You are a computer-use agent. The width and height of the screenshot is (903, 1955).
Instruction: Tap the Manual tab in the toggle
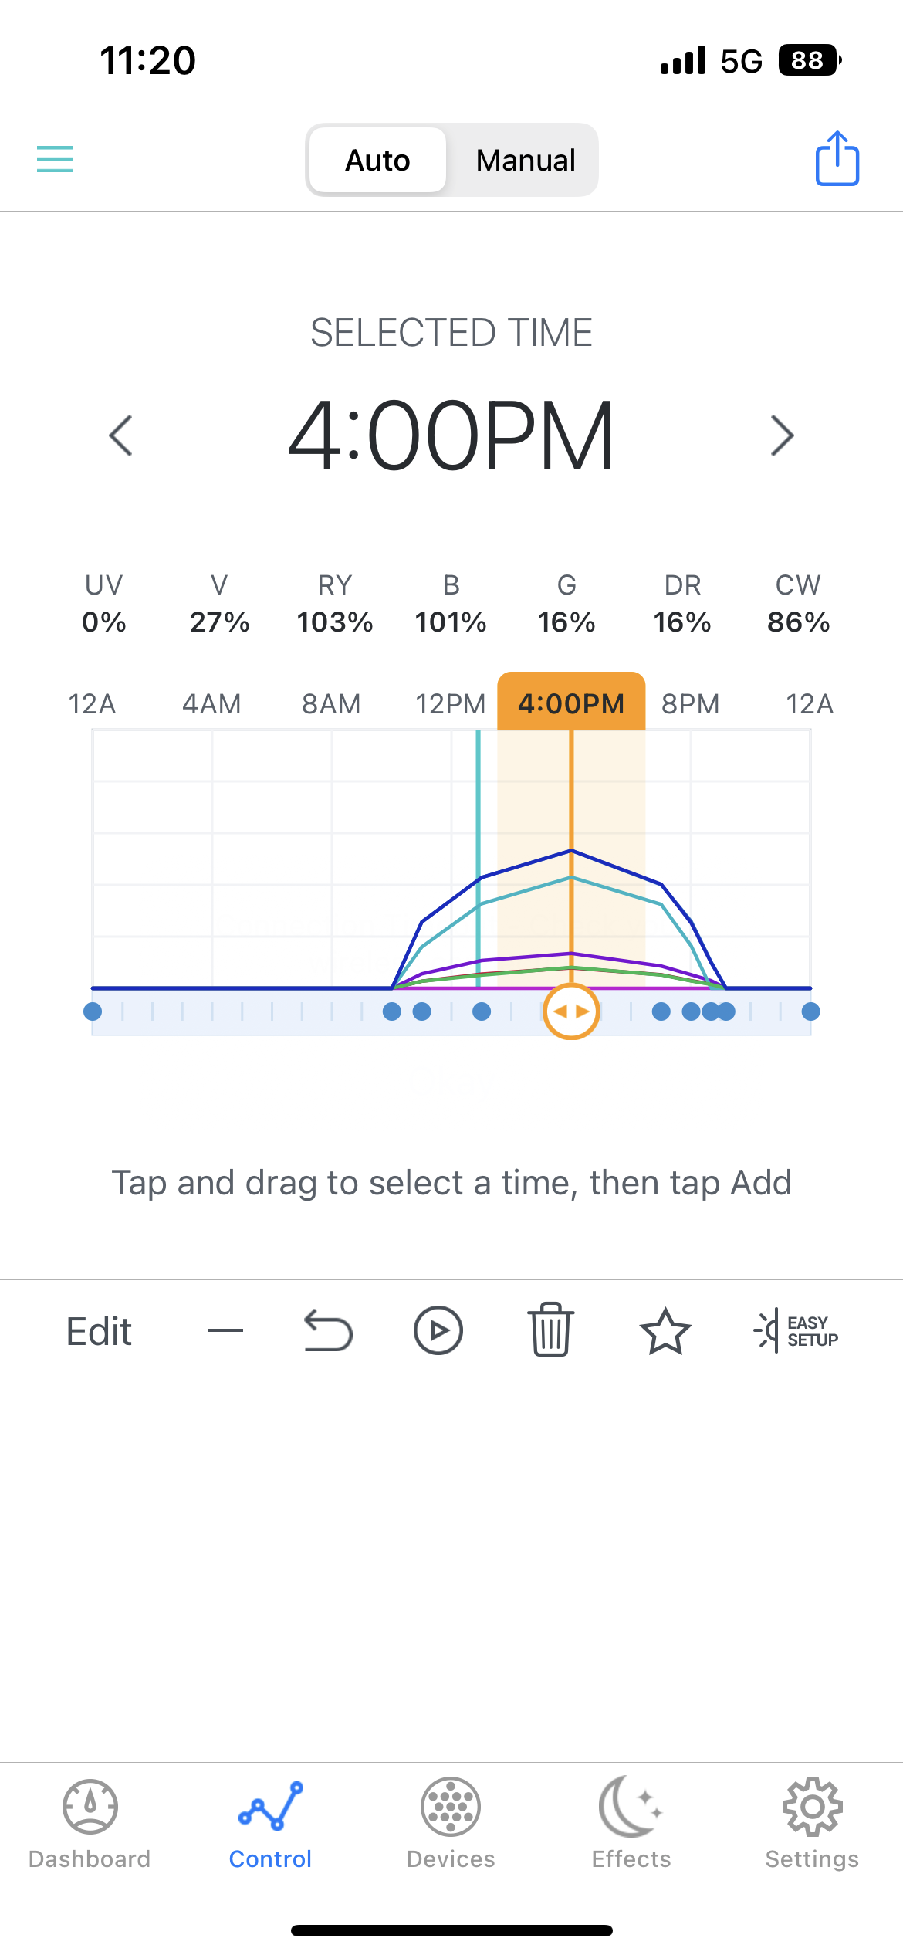(x=525, y=161)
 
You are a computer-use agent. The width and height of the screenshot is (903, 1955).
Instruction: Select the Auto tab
(x=377, y=161)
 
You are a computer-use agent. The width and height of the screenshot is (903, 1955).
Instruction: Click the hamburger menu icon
(x=55, y=159)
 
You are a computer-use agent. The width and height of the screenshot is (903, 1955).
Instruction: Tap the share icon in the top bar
(x=837, y=158)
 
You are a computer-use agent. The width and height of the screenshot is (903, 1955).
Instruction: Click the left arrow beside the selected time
(x=121, y=435)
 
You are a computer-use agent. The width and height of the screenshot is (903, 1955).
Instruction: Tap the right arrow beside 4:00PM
(x=782, y=435)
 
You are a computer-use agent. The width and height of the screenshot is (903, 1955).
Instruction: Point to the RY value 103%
(x=335, y=622)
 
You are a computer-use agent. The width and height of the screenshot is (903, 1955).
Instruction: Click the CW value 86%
(x=798, y=622)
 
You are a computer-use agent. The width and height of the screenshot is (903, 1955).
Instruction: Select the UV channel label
(x=104, y=585)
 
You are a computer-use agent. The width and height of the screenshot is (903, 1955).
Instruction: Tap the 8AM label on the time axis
(x=331, y=704)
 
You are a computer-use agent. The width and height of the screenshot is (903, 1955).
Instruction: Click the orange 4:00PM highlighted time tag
(x=571, y=703)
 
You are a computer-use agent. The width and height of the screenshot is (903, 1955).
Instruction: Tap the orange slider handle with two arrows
(x=571, y=1011)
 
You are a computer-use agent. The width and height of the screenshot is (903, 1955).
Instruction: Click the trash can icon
(x=550, y=1330)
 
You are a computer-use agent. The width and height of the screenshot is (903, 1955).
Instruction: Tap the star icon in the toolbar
(x=665, y=1331)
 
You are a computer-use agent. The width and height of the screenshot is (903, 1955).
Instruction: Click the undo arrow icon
(x=328, y=1330)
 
